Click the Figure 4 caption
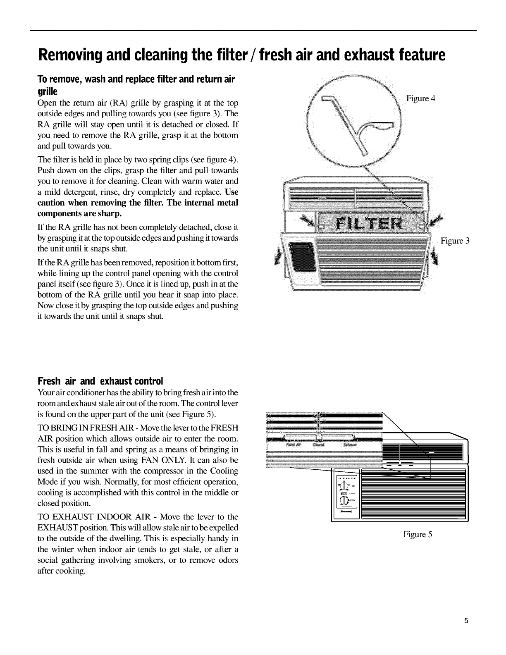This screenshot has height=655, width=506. tap(421, 98)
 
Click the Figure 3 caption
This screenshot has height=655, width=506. tap(455, 241)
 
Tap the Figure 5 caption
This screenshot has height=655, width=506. tap(418, 534)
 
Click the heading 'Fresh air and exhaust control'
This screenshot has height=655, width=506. tap(100, 380)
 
